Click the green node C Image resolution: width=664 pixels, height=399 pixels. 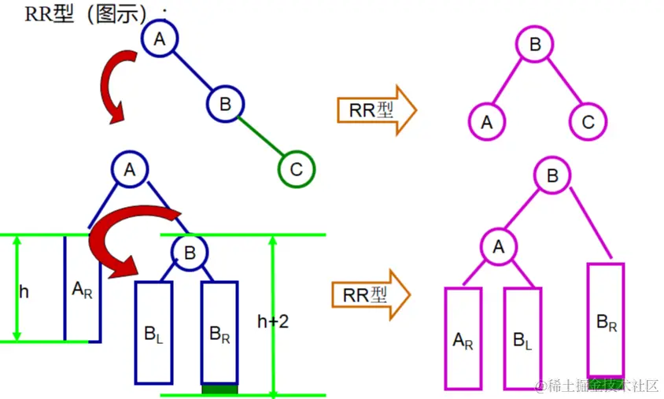pyautogui.click(x=297, y=169)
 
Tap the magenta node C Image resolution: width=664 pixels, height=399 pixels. pyautogui.click(x=588, y=122)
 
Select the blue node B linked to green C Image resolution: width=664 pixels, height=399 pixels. pyautogui.click(x=226, y=103)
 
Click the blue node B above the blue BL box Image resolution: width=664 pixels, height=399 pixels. pyautogui.click(x=189, y=253)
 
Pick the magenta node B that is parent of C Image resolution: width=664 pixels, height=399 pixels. pyautogui.click(x=536, y=46)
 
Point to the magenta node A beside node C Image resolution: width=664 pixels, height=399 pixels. pyautogui.click(x=487, y=122)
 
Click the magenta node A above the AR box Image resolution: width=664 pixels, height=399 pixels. pyautogui.click(x=498, y=247)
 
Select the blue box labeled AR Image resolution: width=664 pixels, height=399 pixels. pyautogui.click(x=83, y=289)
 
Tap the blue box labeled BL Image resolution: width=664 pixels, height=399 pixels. pyautogui.click(x=154, y=331)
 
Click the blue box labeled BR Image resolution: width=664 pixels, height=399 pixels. pyautogui.click(x=219, y=331)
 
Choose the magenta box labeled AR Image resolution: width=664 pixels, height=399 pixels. pyautogui.click(x=463, y=338)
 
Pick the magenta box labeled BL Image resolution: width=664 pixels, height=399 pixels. pyautogui.click(x=523, y=338)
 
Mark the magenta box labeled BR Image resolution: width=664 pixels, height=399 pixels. pyautogui.click(x=606, y=320)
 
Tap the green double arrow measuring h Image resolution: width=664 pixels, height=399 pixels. pyautogui.click(x=15, y=289)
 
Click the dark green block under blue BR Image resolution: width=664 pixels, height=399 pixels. pyautogui.click(x=219, y=388)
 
